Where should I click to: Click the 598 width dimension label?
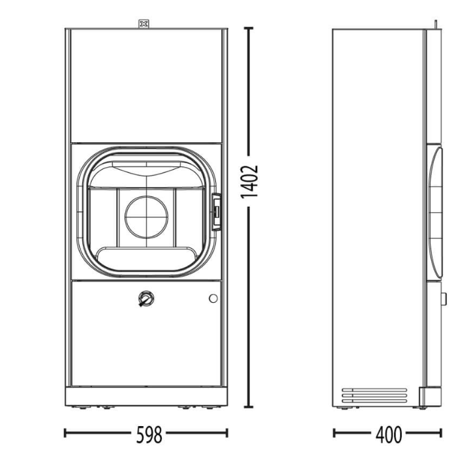149,435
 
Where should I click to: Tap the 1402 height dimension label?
250,181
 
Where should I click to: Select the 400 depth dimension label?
389,435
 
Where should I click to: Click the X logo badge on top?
144,24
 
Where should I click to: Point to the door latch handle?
217,212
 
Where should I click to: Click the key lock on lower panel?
146,299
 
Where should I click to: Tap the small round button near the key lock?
213,298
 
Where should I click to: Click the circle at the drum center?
146,217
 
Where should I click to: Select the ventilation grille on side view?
374,395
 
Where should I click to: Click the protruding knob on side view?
444,299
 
